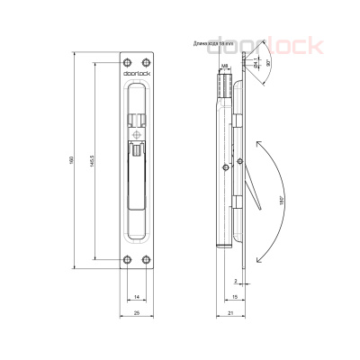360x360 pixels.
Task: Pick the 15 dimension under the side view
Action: pos(234,296)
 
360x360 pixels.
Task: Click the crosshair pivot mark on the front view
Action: pos(135,137)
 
